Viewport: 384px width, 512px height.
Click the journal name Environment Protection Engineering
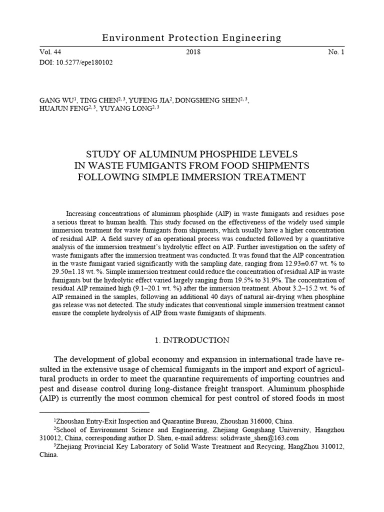[191, 38]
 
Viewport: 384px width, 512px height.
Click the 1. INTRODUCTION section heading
[191, 340]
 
